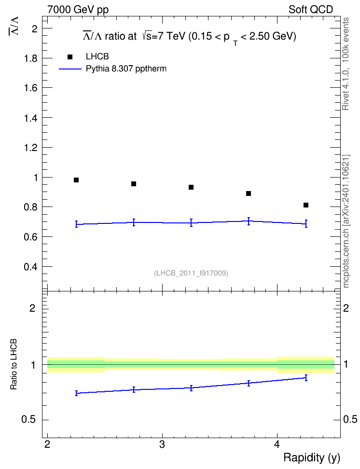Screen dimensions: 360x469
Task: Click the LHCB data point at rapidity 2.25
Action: coord(76,180)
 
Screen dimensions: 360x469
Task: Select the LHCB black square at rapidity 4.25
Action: coord(306,205)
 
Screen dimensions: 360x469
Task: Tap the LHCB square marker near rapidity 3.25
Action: coord(191,187)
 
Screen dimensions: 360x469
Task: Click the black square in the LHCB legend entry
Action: coord(70,57)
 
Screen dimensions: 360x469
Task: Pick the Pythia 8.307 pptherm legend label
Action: coord(126,69)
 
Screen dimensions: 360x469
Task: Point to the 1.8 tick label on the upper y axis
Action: coord(31,58)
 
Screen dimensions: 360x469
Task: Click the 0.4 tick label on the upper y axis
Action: coord(31,266)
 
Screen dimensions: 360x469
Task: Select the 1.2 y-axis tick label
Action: coord(31,148)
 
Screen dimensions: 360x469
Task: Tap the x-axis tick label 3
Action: coord(162,444)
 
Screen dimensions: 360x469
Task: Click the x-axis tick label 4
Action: coord(277,444)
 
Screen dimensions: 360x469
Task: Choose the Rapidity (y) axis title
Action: coord(312,458)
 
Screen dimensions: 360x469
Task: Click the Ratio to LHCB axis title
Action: coord(14,364)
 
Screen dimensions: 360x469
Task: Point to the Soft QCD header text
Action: coord(311,10)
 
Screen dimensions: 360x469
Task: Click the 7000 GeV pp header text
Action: coord(78,10)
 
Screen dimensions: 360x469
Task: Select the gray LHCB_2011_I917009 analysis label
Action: coord(191,273)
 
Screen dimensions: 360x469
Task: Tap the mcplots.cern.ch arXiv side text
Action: coord(346,221)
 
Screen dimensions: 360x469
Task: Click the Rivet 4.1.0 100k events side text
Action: coord(346,64)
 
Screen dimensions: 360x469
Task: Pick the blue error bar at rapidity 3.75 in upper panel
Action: coord(249,221)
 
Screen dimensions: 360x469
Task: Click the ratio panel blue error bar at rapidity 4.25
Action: coord(306,378)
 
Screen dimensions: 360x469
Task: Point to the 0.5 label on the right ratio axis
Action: coord(350,419)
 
